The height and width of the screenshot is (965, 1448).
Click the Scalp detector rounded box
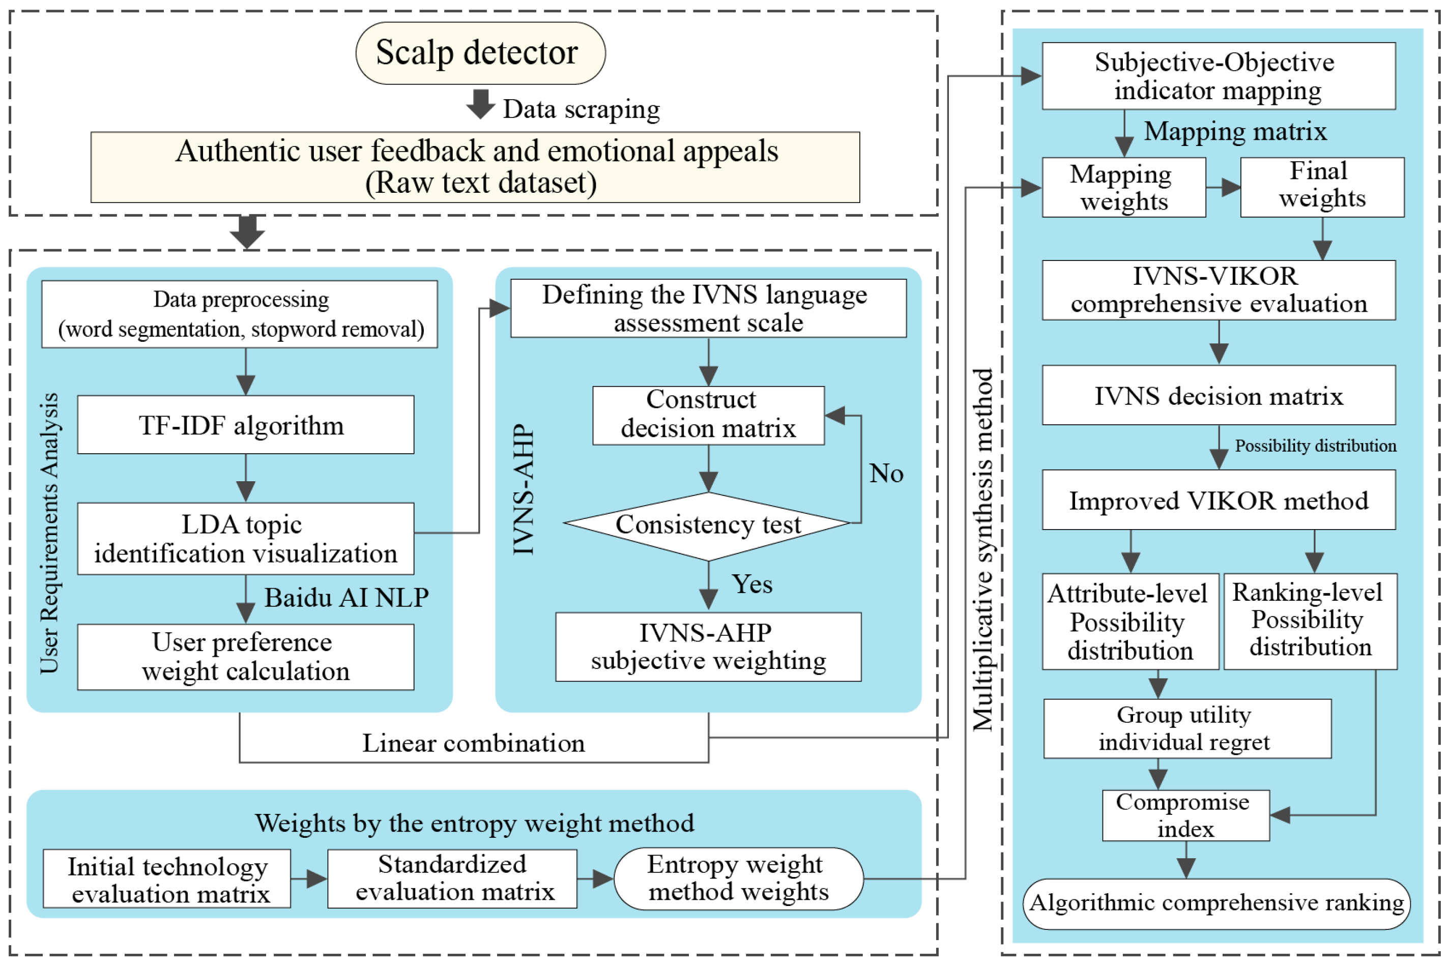[480, 53]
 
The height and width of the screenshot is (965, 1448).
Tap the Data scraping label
[581, 109]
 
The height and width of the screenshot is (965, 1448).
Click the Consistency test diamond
[708, 525]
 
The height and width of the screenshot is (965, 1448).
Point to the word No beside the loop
[885, 473]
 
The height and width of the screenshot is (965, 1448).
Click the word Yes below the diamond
[751, 583]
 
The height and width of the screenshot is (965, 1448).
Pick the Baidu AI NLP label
[346, 598]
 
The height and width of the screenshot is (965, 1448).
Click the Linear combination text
[473, 743]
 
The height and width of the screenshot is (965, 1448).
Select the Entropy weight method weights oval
[738, 878]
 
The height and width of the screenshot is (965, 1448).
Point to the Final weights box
[1321, 187]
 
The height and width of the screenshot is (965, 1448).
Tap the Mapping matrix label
[1234, 132]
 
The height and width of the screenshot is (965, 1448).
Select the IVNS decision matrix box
[1218, 395]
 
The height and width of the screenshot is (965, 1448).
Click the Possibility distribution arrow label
[1315, 446]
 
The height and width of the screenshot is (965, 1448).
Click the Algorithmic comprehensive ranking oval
[1215, 903]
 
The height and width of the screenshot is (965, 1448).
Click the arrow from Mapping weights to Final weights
[1222, 187]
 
